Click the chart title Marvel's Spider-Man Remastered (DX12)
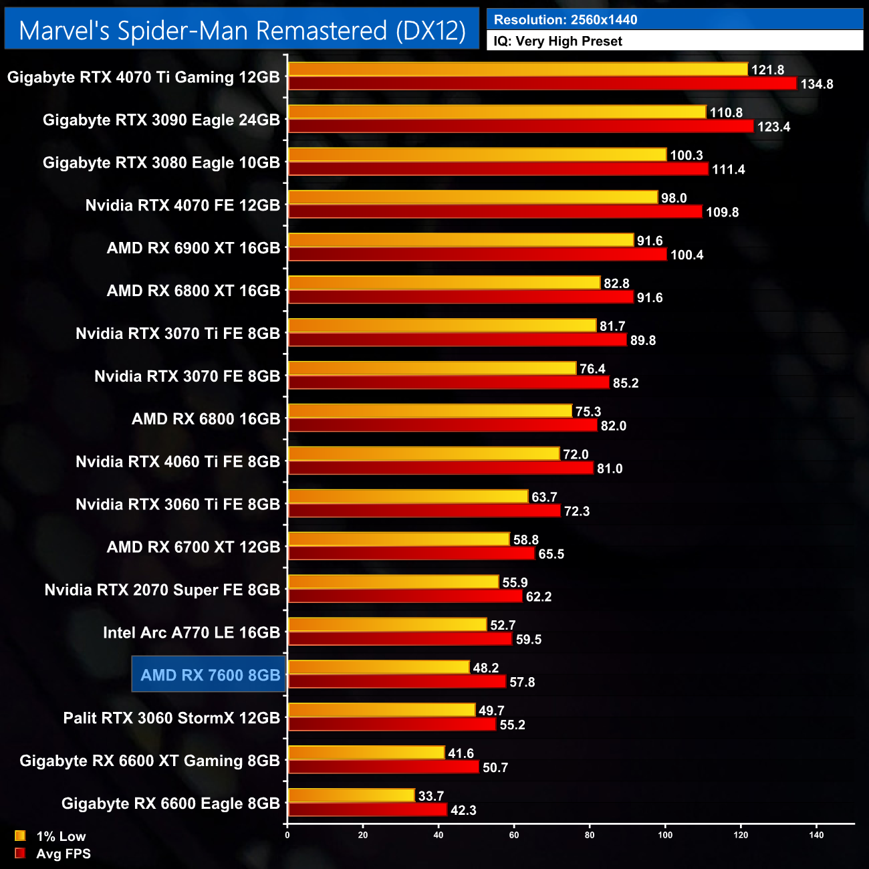pos(242,31)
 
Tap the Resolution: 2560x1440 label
pos(566,20)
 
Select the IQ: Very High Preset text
pos(557,41)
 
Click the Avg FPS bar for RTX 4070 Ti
pos(542,84)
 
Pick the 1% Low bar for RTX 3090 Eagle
pos(497,112)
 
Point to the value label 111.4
pos(728,170)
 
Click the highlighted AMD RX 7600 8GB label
pos(210,675)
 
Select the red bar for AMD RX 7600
pos(397,682)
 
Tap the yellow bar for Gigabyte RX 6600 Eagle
pos(352,795)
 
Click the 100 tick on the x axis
pos(665,835)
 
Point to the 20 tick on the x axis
pos(363,835)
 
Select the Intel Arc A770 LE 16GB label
pos(191,632)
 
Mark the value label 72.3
pos(576,511)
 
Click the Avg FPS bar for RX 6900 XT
pos(477,255)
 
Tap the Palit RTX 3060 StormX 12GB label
pos(171,718)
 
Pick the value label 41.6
pos(461,754)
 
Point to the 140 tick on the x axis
pos(816,835)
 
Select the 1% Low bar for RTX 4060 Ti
pos(424,454)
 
